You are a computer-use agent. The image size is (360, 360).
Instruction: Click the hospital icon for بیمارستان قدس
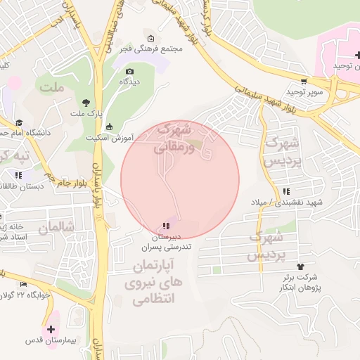[51, 328]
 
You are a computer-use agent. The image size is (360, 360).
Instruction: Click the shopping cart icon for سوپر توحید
[304, 81]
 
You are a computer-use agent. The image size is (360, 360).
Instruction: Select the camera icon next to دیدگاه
[129, 71]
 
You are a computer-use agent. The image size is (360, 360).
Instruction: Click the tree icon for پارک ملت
[86, 102]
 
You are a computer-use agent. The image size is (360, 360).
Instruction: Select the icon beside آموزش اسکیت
[109, 127]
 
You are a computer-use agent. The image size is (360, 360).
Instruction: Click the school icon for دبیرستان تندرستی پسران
[165, 226]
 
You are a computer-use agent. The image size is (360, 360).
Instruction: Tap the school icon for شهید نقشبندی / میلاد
[285, 191]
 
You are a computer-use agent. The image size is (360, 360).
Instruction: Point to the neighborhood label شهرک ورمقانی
[171, 139]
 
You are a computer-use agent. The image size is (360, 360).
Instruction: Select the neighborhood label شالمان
[56, 229]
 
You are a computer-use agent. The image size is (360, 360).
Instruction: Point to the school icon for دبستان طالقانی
[18, 174]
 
